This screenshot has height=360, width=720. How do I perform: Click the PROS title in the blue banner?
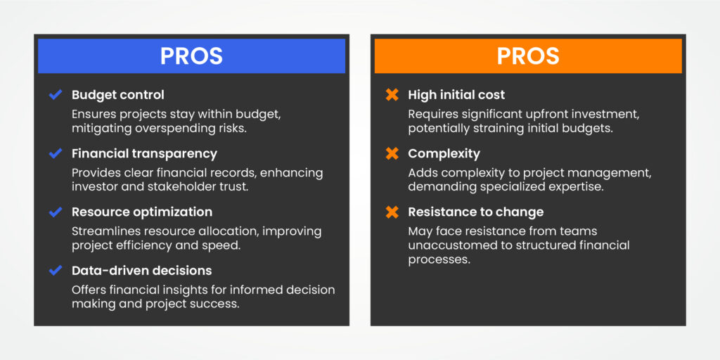pyautogui.click(x=191, y=56)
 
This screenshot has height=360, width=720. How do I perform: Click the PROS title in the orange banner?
pyautogui.click(x=527, y=56)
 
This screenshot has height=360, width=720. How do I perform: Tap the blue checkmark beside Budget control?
pyautogui.click(x=56, y=95)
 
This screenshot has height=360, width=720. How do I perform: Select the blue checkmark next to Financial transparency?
pyautogui.click(x=56, y=153)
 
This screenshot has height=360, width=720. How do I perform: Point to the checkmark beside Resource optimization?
pyautogui.click(x=56, y=212)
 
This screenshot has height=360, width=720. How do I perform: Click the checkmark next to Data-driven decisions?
pyautogui.click(x=56, y=270)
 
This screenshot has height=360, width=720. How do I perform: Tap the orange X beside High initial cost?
pyautogui.click(x=392, y=95)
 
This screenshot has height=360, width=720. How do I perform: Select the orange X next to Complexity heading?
pyautogui.click(x=392, y=153)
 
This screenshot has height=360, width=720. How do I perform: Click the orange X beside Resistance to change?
pyautogui.click(x=392, y=212)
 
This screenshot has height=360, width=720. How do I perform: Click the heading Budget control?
pyautogui.click(x=118, y=95)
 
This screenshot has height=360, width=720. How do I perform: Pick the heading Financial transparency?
pyautogui.click(x=144, y=153)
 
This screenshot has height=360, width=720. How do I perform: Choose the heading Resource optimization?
pyautogui.click(x=141, y=212)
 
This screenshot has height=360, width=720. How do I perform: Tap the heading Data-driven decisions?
pyautogui.click(x=141, y=270)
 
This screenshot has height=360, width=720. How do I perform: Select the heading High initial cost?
pyautogui.click(x=456, y=95)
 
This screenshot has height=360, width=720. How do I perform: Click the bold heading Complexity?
pyautogui.click(x=444, y=153)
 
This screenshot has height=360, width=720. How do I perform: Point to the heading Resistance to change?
pyautogui.click(x=475, y=212)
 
